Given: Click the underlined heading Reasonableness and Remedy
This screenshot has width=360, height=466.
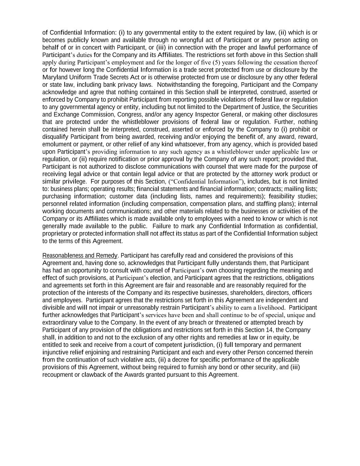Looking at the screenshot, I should (80, 256).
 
